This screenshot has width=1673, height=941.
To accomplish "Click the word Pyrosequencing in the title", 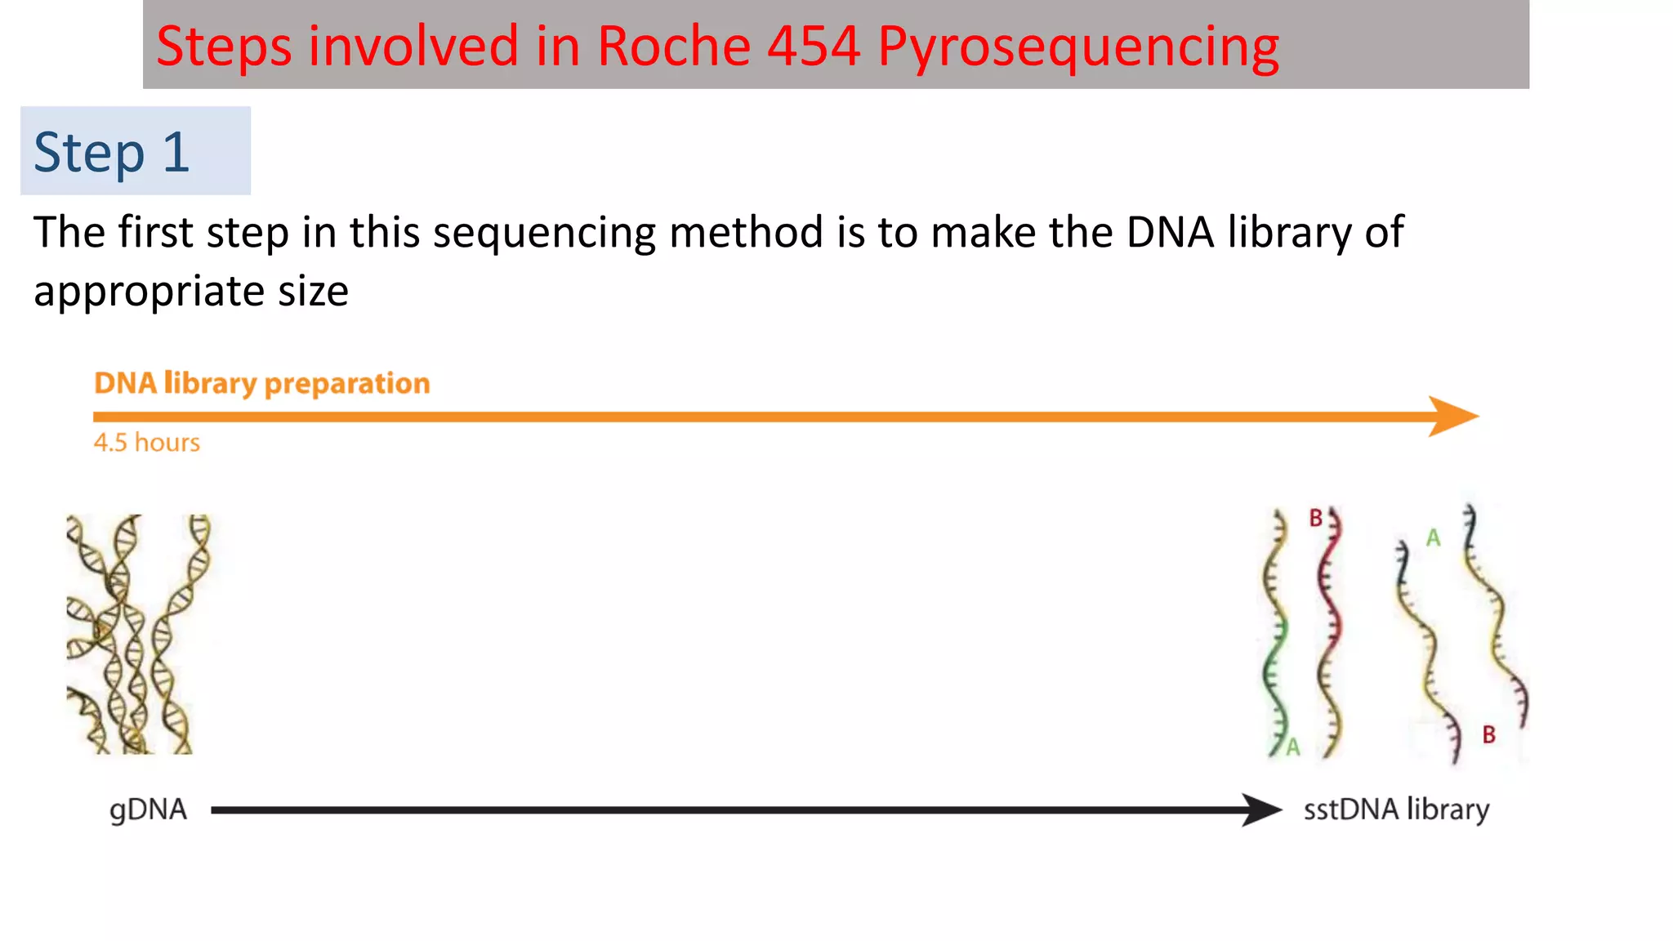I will click(x=1078, y=47).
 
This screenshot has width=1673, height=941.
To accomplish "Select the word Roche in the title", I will click(x=674, y=46).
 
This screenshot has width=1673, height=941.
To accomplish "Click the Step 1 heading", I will click(x=112, y=152).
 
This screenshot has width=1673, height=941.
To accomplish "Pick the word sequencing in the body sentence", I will click(x=544, y=233).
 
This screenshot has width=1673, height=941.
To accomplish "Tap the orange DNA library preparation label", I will click(x=261, y=383).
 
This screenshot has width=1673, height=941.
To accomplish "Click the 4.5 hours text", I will click(x=147, y=442).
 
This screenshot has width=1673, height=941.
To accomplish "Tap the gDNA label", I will click(x=148, y=809).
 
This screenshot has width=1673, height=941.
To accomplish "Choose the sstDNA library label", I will click(x=1396, y=809).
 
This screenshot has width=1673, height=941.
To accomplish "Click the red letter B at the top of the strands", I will click(x=1315, y=518).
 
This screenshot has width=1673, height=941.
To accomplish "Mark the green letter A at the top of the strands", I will click(x=1433, y=538).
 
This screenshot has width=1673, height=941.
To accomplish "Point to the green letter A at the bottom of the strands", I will click(x=1292, y=747).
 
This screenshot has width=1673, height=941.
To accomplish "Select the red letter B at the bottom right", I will click(x=1488, y=734).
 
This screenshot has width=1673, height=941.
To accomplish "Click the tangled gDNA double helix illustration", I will click(x=136, y=634).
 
